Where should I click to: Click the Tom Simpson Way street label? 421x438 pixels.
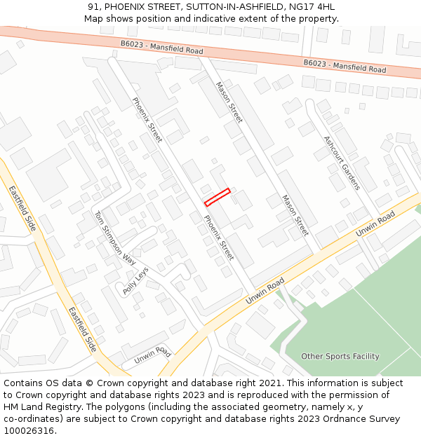tap(114, 237)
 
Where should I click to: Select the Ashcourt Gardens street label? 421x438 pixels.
tap(342, 163)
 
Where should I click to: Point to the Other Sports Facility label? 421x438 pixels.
tap(340, 357)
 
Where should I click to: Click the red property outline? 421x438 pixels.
tap(218, 197)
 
